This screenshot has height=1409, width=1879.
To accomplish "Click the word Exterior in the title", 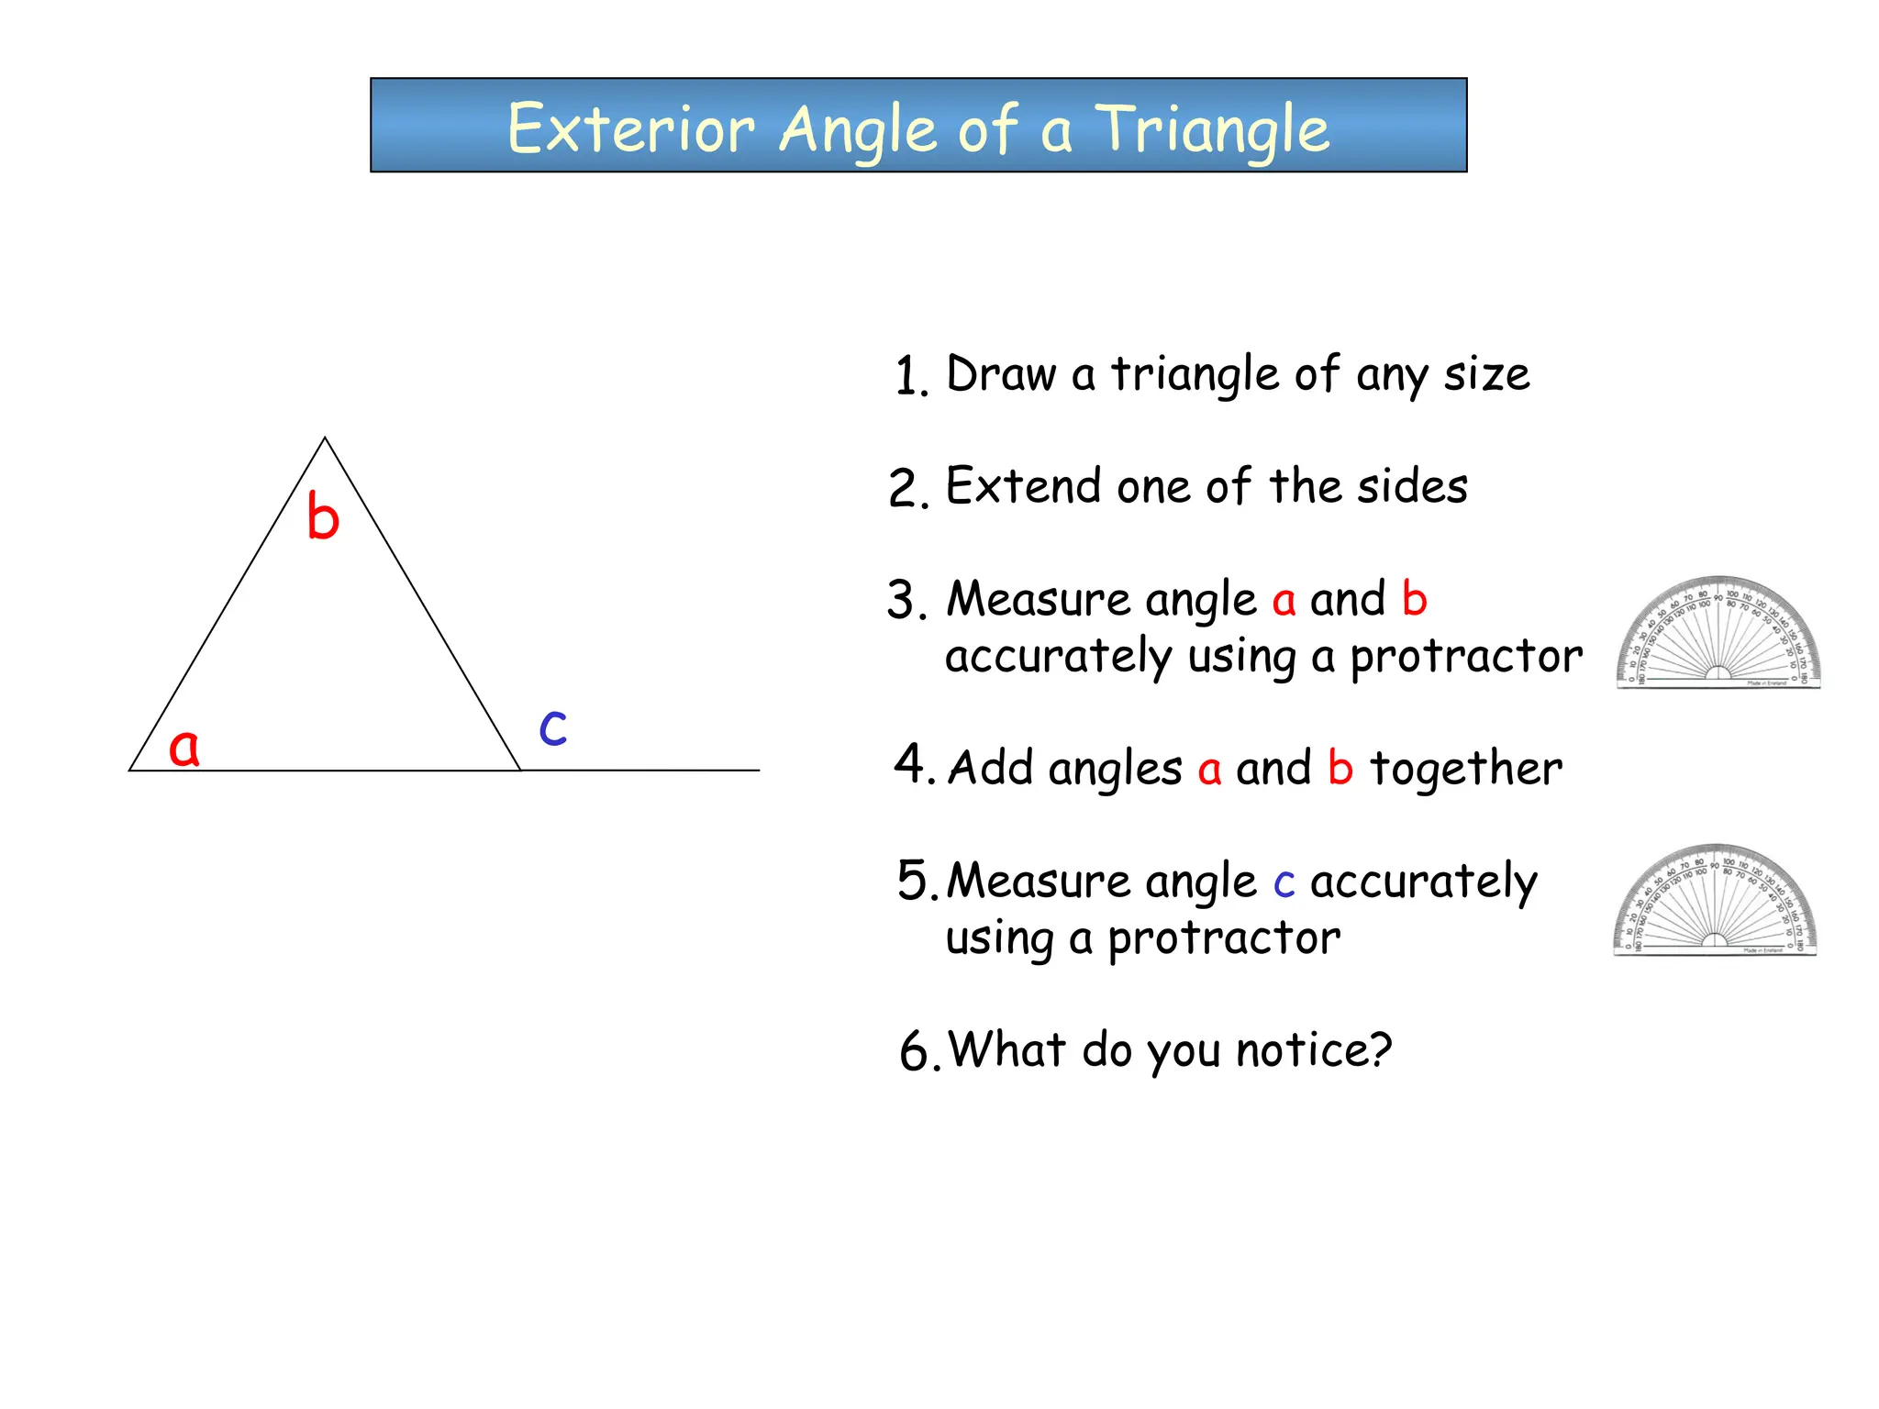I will [631, 128].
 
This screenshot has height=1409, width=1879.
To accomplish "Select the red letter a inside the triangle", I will [183, 747].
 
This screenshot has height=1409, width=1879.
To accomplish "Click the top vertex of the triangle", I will [325, 438].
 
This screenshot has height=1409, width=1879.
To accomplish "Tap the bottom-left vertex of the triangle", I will [130, 770].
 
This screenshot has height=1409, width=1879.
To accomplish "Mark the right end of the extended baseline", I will [758, 770].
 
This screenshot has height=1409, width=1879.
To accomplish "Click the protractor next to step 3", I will [1718, 632].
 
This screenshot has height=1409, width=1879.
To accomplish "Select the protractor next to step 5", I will [1715, 900].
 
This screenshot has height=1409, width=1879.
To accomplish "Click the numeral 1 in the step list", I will [908, 377].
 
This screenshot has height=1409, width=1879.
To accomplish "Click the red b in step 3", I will [1414, 600].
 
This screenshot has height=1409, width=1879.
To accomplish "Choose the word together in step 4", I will [1465, 769].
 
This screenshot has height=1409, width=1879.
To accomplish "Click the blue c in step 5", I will [1284, 883].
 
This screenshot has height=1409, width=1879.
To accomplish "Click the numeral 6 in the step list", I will [914, 1051].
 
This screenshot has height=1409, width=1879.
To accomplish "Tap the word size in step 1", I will [1486, 374].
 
